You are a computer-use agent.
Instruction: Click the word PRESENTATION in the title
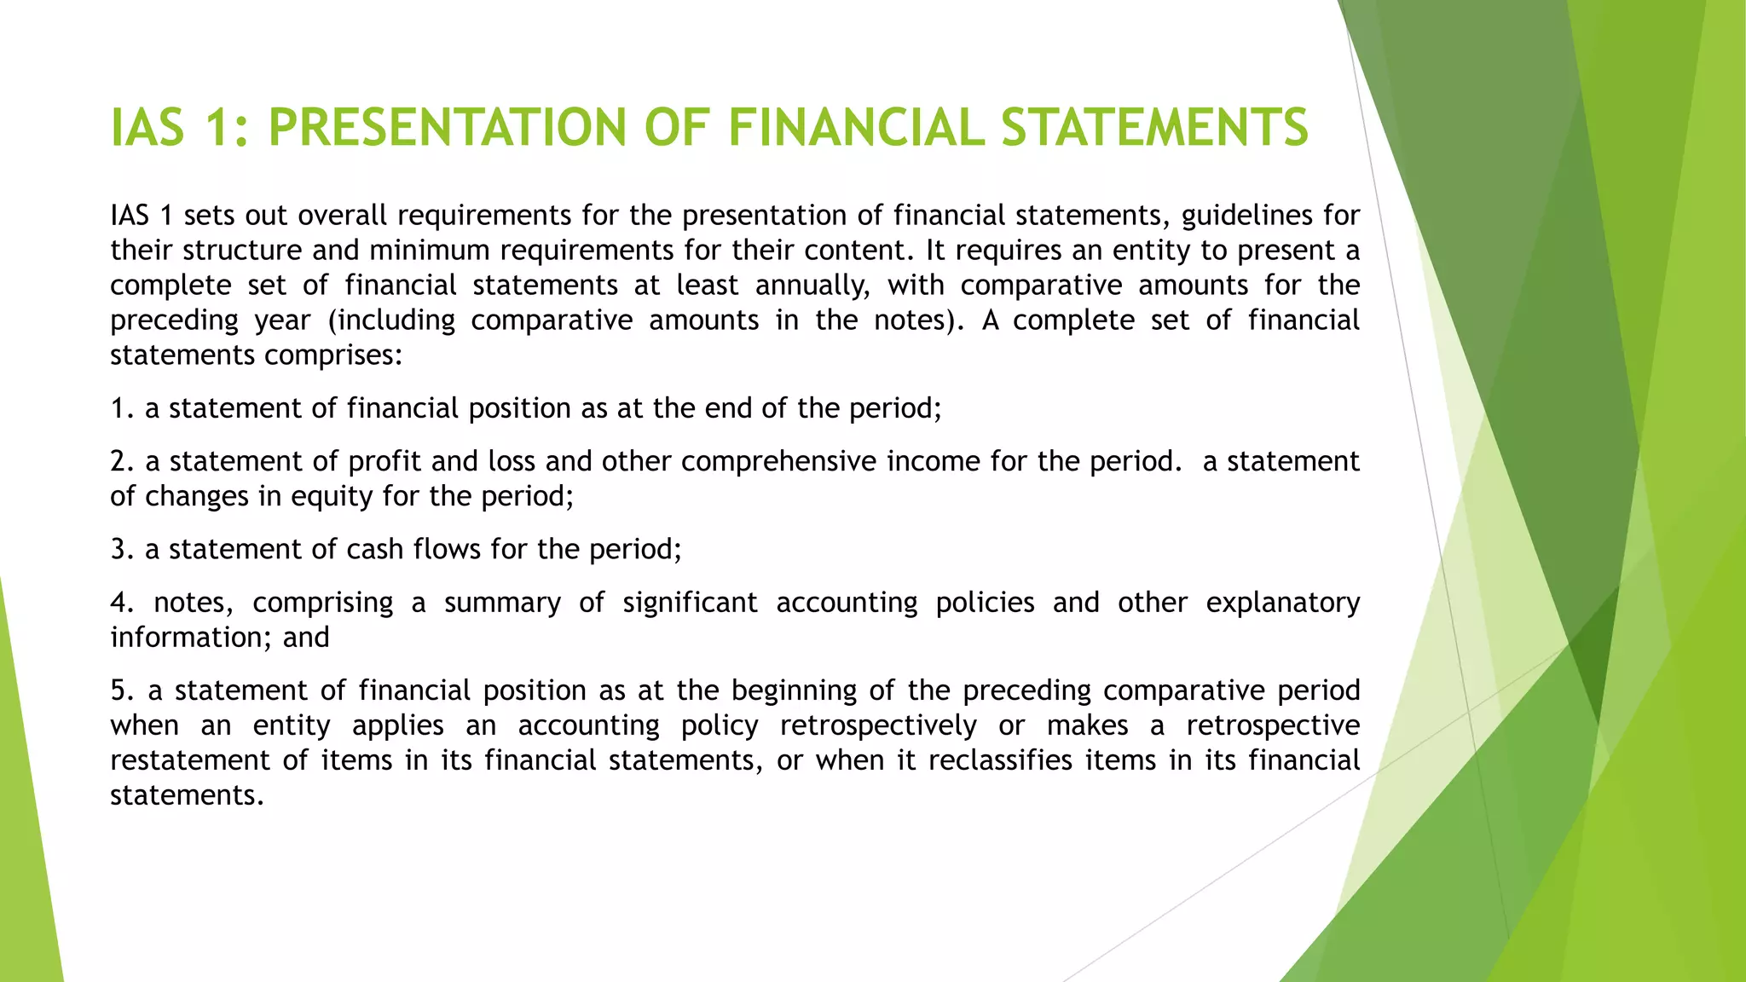(447, 128)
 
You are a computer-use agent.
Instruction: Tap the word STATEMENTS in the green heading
(1154, 128)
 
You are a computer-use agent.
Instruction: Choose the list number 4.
(122, 603)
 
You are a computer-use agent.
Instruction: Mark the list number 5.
(122, 690)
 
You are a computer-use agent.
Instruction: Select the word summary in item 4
(502, 603)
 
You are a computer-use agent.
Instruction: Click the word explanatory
(1282, 603)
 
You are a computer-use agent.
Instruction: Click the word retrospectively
(878, 725)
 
